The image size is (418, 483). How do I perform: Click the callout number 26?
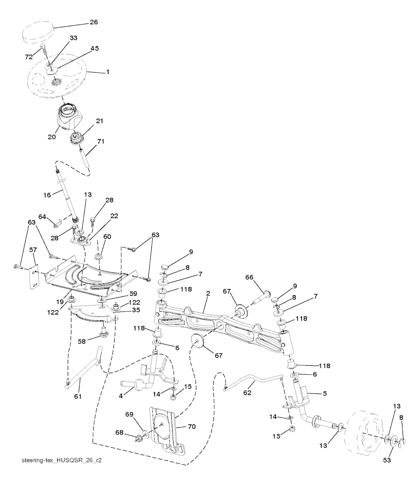(94, 22)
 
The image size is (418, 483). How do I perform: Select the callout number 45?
(94, 49)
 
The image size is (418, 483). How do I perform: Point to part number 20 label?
(52, 137)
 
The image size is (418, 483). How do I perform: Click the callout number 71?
(100, 141)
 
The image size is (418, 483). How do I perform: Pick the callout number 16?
(47, 195)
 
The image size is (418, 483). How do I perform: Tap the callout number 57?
(33, 250)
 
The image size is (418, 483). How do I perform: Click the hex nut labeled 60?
(98, 256)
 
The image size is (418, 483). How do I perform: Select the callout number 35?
(136, 310)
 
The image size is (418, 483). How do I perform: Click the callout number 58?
(82, 341)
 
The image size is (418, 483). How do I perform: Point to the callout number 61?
(78, 396)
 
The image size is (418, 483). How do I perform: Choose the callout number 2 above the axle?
(208, 293)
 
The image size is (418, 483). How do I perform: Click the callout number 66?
(249, 277)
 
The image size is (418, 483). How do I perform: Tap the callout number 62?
(247, 393)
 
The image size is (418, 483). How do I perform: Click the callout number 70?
(191, 427)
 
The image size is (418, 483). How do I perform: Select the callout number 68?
(119, 432)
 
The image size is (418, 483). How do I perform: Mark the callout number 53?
(387, 460)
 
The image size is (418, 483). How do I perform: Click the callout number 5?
(325, 393)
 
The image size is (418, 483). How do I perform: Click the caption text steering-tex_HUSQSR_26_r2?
(62, 460)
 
